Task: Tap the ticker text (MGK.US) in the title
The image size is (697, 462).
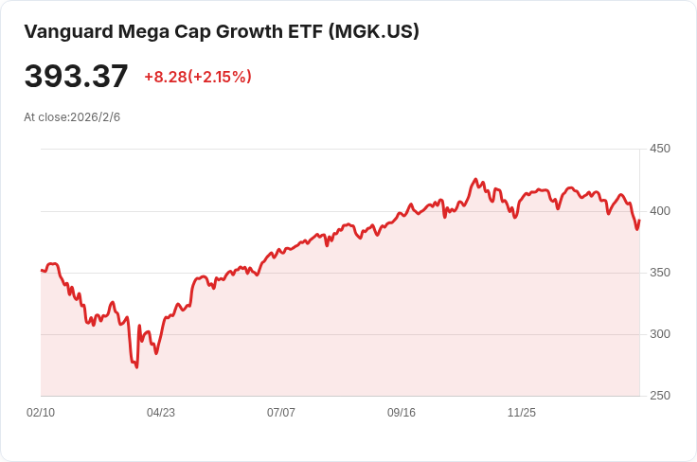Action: tap(373, 31)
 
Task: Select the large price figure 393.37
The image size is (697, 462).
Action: tap(76, 76)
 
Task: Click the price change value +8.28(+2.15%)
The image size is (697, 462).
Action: tap(198, 77)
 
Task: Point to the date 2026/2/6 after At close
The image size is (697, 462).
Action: tap(95, 117)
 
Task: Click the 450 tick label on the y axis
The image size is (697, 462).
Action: tap(659, 149)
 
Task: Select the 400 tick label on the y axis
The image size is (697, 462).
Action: tap(659, 211)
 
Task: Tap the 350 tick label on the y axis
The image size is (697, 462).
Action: tap(659, 273)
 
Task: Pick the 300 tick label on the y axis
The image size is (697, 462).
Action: tap(659, 334)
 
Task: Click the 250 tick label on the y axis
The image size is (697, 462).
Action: tap(659, 396)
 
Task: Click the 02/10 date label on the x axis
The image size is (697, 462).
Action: tap(41, 413)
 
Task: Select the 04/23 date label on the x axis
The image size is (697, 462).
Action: tap(161, 413)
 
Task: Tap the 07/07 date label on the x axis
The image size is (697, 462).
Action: tap(281, 413)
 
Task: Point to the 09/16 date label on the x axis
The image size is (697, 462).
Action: tap(402, 413)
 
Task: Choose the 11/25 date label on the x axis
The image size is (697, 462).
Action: tap(522, 413)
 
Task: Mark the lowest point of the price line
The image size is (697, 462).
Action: tap(136, 367)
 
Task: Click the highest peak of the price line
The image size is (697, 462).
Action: tap(475, 179)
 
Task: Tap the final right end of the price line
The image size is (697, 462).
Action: tap(639, 221)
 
